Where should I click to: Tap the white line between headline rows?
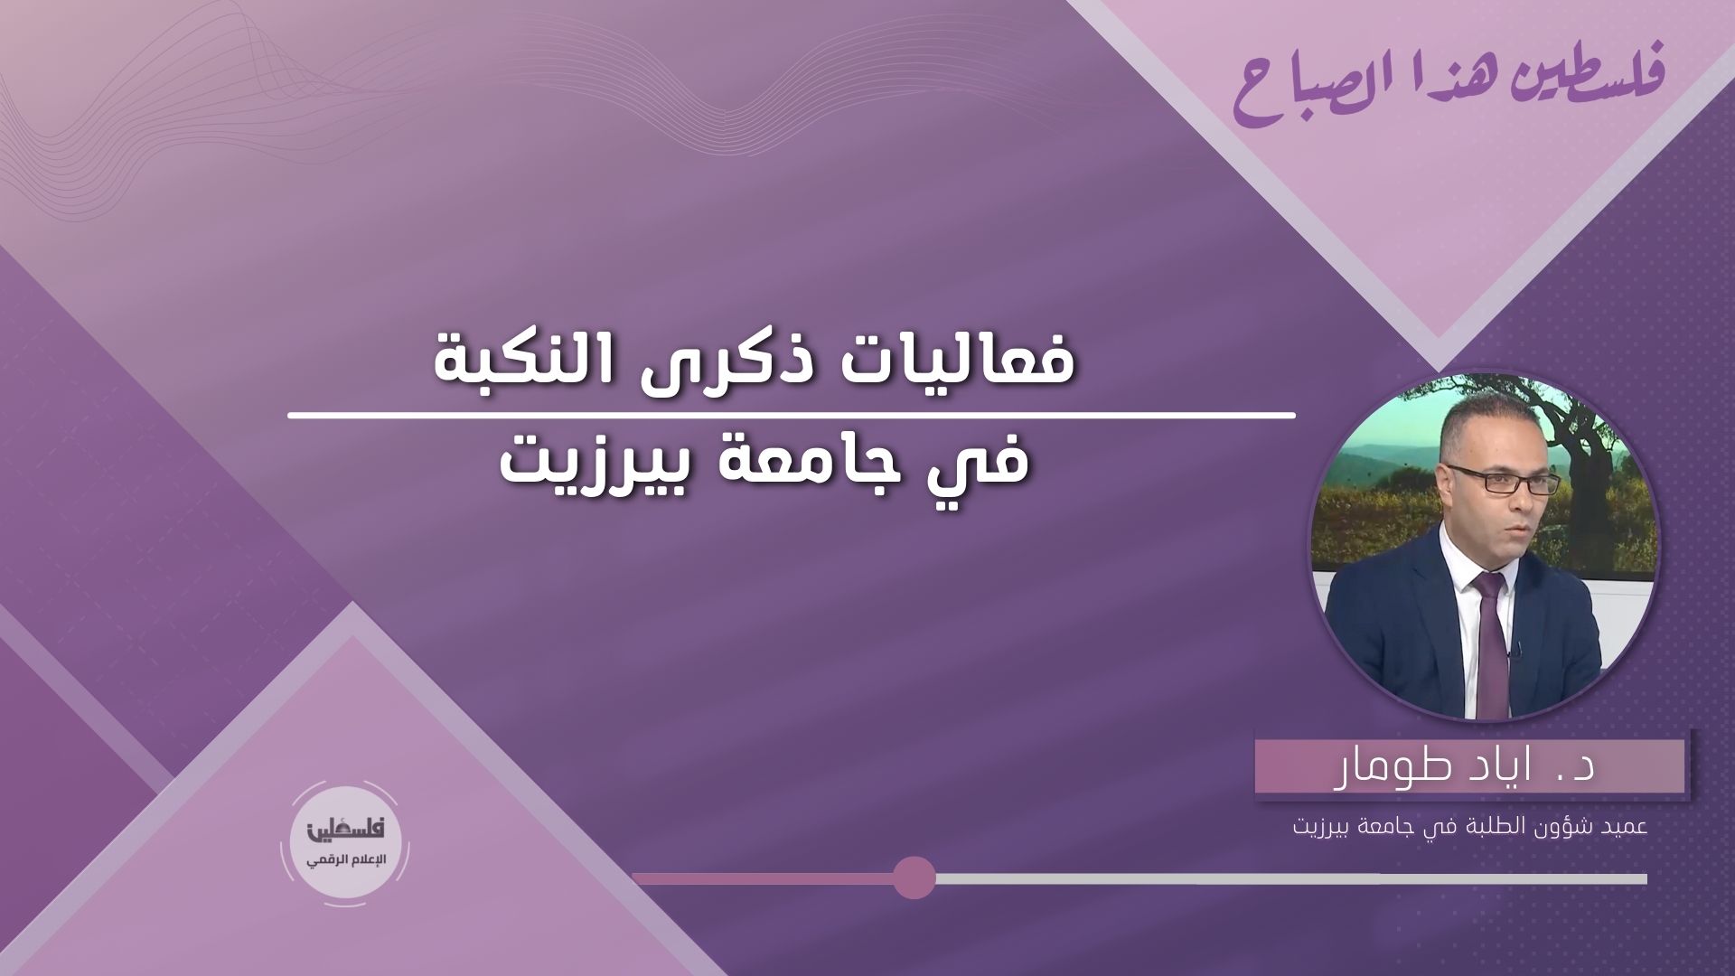pos(791,416)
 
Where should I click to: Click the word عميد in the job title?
pos(1625,827)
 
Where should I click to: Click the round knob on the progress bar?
pos(914,877)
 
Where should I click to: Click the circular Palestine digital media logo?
pos(348,842)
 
